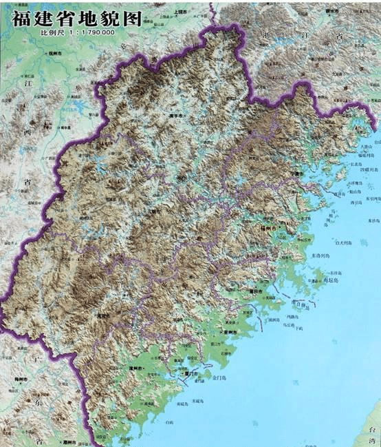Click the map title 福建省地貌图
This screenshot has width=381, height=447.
coord(76,18)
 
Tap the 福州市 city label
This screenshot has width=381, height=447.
coord(268,227)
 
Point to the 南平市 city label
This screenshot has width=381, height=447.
coord(177,116)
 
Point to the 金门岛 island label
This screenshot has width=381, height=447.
coord(221,378)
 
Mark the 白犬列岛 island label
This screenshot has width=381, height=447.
coord(345,242)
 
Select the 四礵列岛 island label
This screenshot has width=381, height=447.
coord(365,169)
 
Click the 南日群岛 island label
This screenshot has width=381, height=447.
coord(298,302)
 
